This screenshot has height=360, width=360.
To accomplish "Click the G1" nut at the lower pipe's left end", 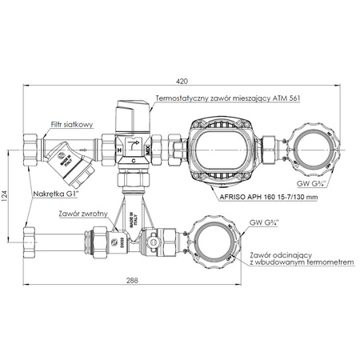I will (x=29, y=238).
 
